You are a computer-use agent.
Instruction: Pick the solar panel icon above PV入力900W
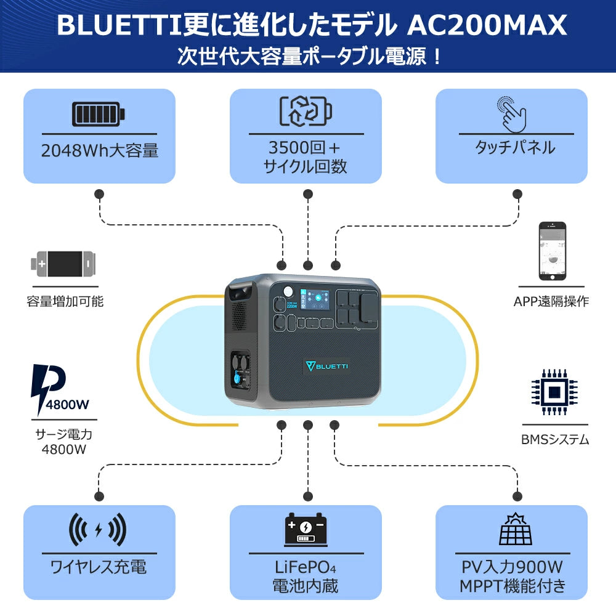point(511,529)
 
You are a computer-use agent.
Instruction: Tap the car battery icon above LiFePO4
point(306,530)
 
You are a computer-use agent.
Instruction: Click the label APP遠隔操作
point(551,302)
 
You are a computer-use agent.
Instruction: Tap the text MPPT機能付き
point(512,586)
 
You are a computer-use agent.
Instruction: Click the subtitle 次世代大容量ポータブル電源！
point(308,57)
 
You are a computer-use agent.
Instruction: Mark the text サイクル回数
point(306,166)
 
